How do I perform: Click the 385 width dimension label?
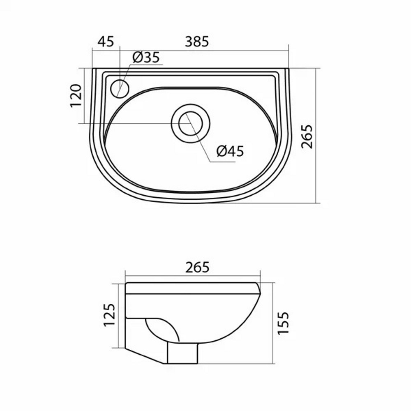[197, 42]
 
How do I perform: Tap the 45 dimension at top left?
[106, 42]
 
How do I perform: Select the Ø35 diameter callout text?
[146, 58]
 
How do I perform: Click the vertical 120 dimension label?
[76, 96]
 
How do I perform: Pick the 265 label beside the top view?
[307, 136]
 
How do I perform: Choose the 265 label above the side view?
[197, 268]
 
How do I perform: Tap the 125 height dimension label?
[109, 315]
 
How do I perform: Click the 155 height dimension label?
[283, 323]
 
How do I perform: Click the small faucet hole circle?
[120, 89]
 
